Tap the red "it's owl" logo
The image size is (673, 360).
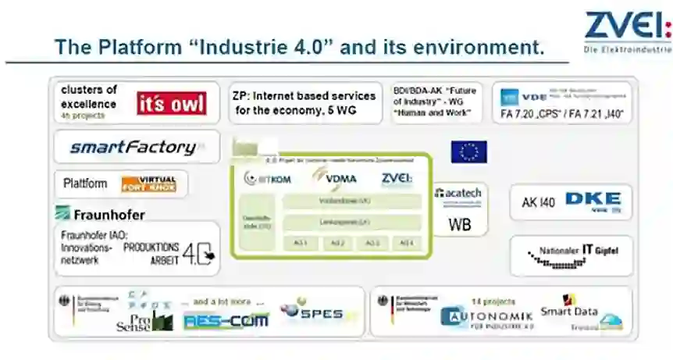172,103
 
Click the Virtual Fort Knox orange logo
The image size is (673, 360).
148,184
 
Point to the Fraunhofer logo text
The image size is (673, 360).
101,214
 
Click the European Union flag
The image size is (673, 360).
468,151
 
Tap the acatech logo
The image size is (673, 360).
459,194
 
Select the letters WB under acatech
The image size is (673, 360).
459,224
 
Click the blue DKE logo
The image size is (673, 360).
593,201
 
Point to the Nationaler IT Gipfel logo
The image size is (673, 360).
572,255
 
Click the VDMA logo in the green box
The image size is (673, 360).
336,179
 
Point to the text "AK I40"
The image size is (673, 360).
539,202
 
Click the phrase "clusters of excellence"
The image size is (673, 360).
89,96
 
